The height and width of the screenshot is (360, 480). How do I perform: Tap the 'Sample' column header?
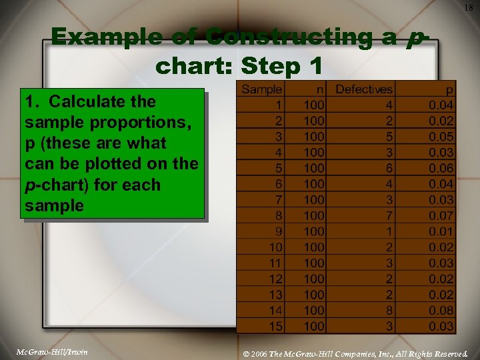point(261,89)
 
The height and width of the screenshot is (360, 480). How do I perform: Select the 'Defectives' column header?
point(364,89)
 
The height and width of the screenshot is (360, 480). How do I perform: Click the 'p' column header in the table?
point(449,89)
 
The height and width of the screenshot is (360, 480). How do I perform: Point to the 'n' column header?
point(321,89)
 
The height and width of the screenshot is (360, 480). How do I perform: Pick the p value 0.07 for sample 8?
point(441,215)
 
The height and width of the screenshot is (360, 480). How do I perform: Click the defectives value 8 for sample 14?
point(389,310)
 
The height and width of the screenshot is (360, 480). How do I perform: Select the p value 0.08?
point(441,310)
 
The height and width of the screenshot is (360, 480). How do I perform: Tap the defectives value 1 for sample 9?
point(389,231)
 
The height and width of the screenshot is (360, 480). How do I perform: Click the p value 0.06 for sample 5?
point(441,168)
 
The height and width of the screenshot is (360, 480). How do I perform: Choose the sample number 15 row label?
point(275,326)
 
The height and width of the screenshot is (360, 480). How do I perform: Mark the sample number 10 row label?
point(275,247)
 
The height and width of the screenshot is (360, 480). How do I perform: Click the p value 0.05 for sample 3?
point(441,137)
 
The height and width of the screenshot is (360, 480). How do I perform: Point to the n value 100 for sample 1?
point(314,105)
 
